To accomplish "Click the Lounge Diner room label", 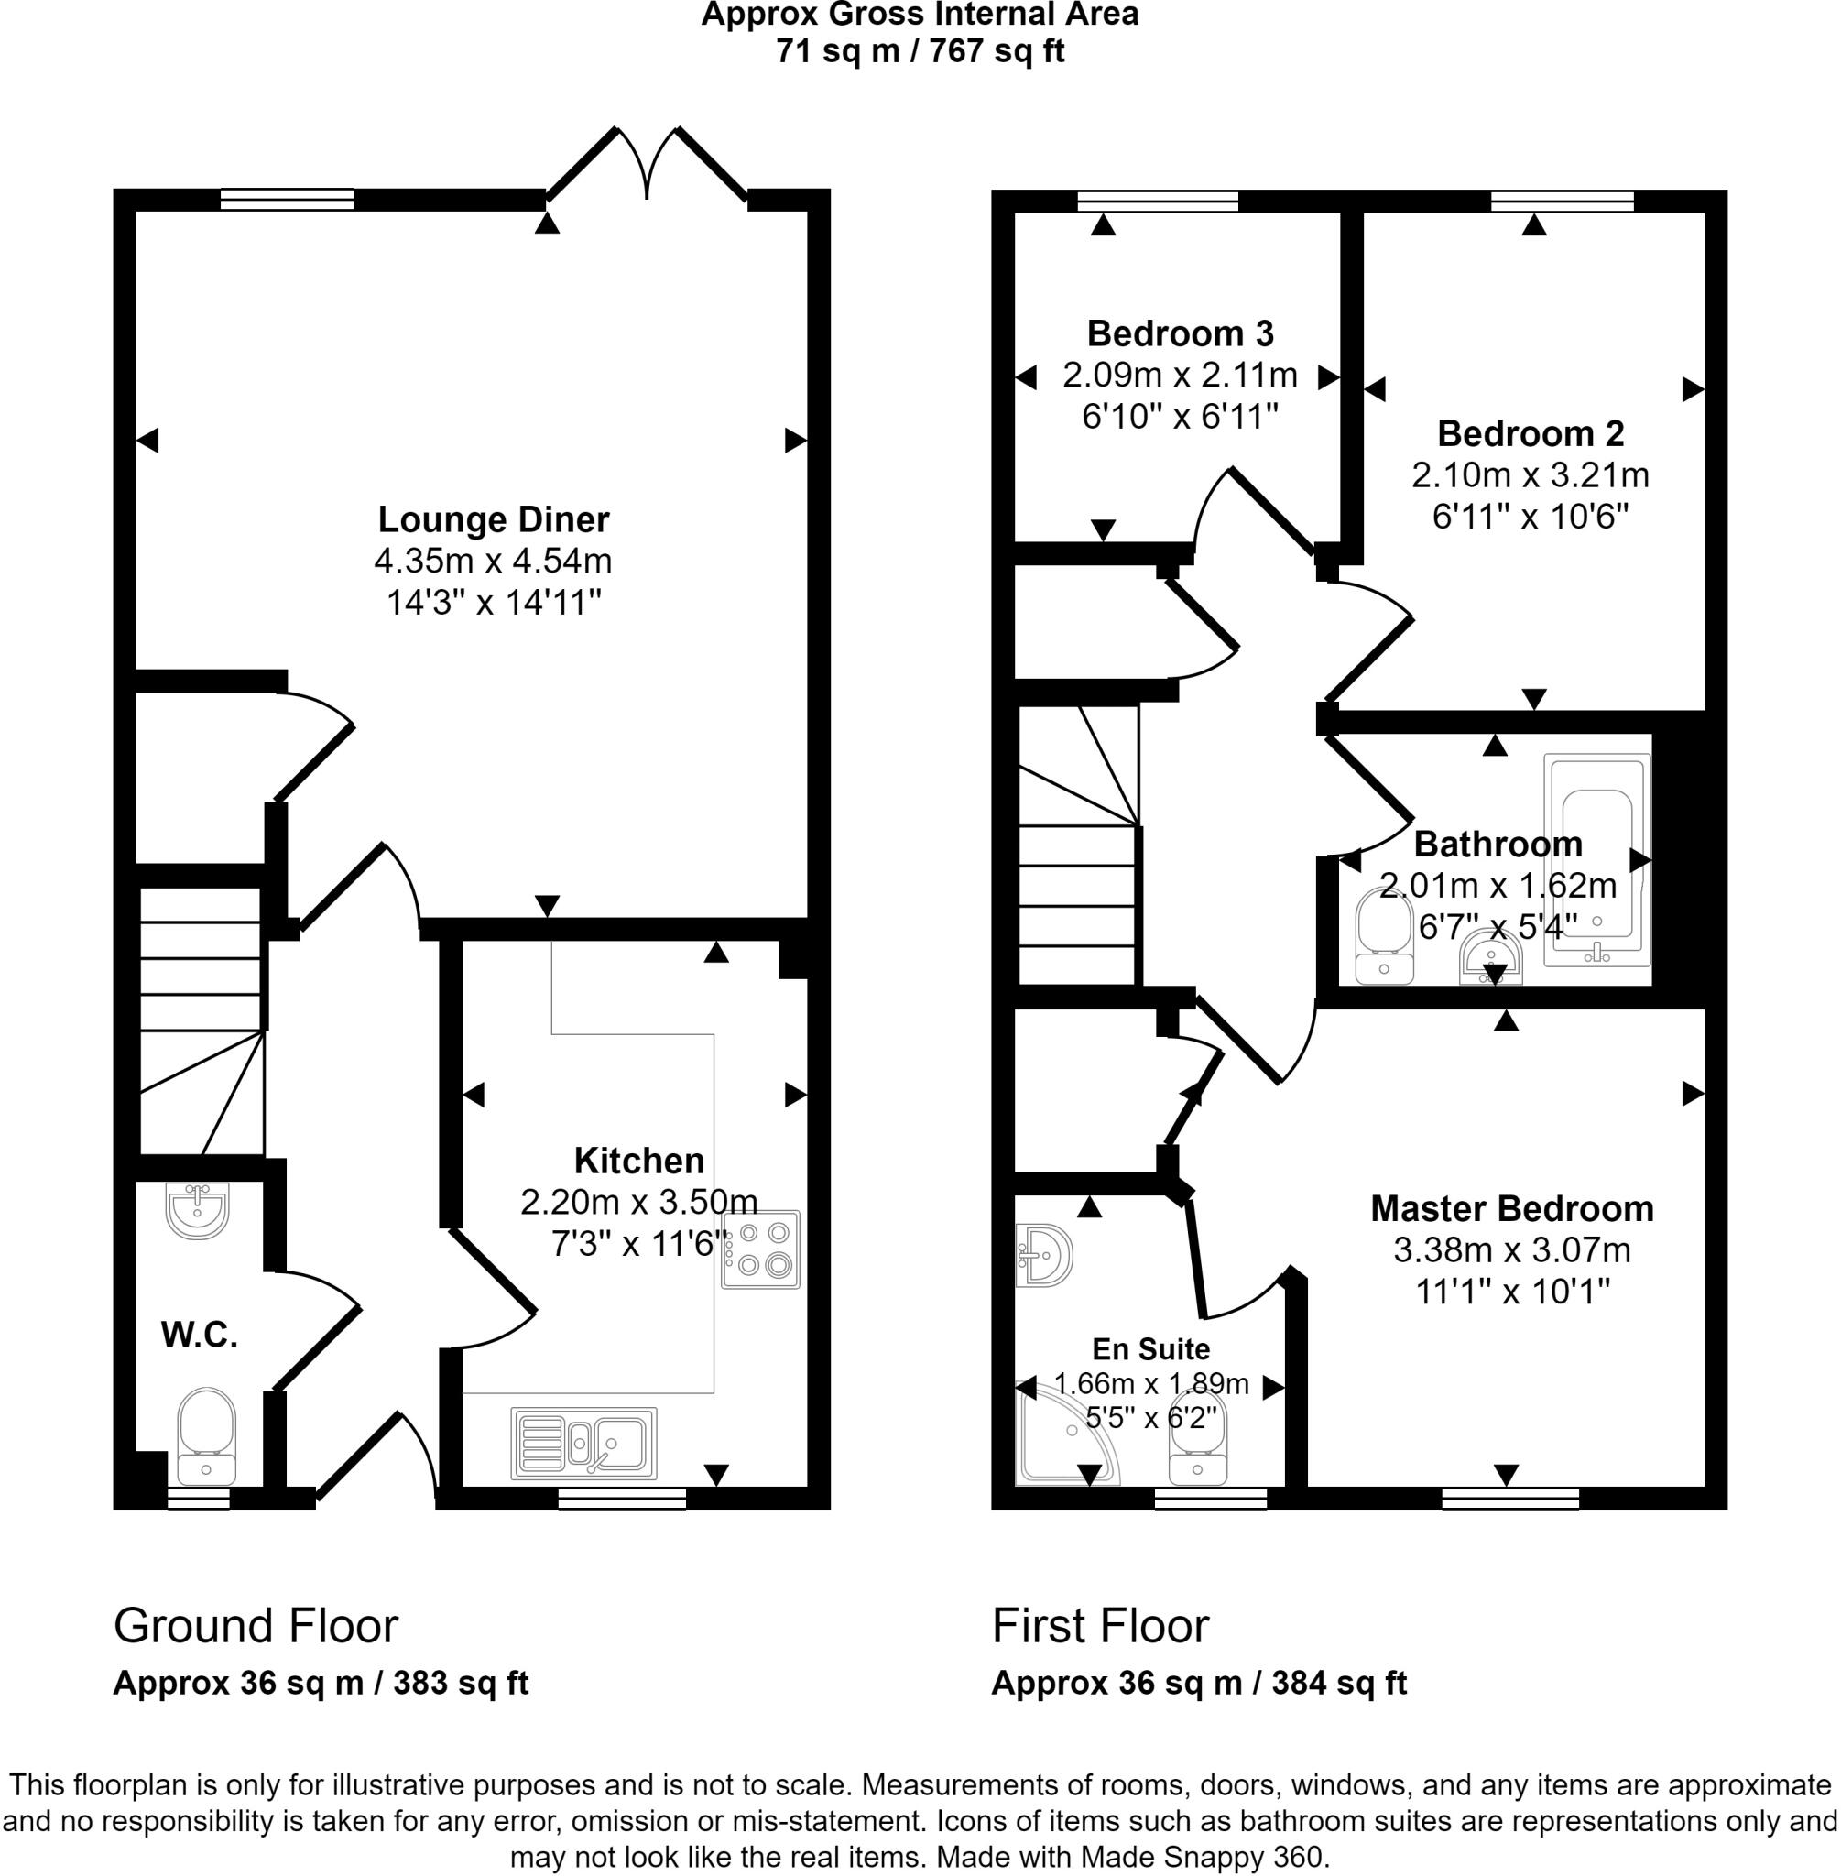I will [x=493, y=519].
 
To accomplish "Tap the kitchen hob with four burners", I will [x=760, y=1249].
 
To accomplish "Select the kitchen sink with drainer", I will [x=584, y=1443].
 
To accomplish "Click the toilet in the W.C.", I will [x=206, y=1436].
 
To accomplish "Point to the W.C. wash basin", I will [x=197, y=1210].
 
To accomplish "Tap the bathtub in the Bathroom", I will [x=1596, y=862].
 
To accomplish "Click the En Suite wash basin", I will [x=1045, y=1256].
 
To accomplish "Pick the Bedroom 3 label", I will [x=1180, y=333].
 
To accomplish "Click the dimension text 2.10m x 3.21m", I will [x=1530, y=475].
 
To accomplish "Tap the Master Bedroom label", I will [x=1511, y=1209].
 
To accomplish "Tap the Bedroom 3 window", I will [x=1158, y=201].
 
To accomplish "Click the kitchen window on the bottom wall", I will [x=622, y=1498].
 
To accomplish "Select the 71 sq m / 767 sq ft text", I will [x=920, y=50].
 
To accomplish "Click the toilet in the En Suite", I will [x=1197, y=1441].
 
